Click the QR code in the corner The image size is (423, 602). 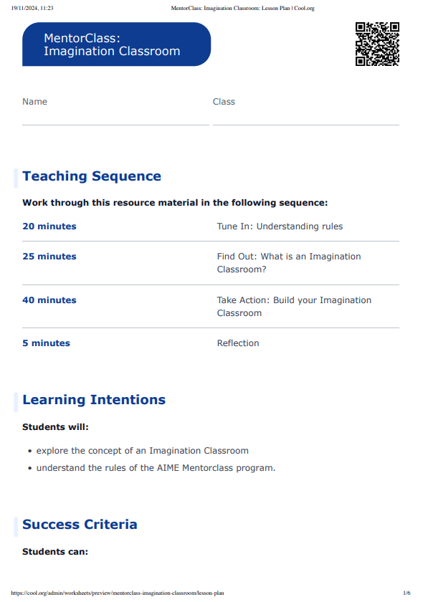377,44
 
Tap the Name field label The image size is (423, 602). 34,102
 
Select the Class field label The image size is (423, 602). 224,102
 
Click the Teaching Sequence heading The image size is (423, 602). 92,176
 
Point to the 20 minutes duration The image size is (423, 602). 49,226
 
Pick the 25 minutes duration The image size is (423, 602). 49,257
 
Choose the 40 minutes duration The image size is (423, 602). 49,300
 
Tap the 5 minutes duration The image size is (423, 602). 46,343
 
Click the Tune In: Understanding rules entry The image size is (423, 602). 280,226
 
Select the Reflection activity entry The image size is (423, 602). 238,343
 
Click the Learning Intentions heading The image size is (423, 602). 94,400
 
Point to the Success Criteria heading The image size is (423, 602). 80,525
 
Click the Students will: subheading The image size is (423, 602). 55,427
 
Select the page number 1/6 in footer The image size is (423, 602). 407,593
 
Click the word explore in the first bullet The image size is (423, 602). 52,451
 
